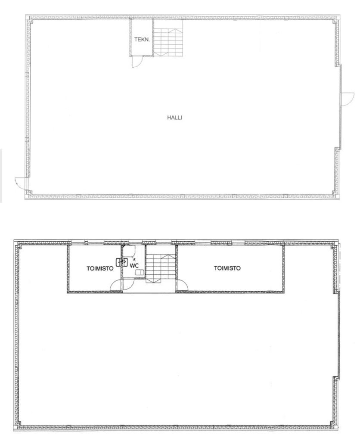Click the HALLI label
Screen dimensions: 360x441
click(x=175, y=118)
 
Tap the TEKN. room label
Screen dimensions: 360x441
click(x=142, y=40)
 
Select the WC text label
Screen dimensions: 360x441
click(x=134, y=265)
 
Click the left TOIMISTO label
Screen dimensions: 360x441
click(x=100, y=268)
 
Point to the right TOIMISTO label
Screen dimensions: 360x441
click(x=227, y=268)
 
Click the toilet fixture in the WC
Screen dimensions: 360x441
click(x=140, y=272)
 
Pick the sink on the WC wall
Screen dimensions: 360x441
click(x=119, y=262)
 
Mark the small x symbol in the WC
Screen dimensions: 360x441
click(x=134, y=259)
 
